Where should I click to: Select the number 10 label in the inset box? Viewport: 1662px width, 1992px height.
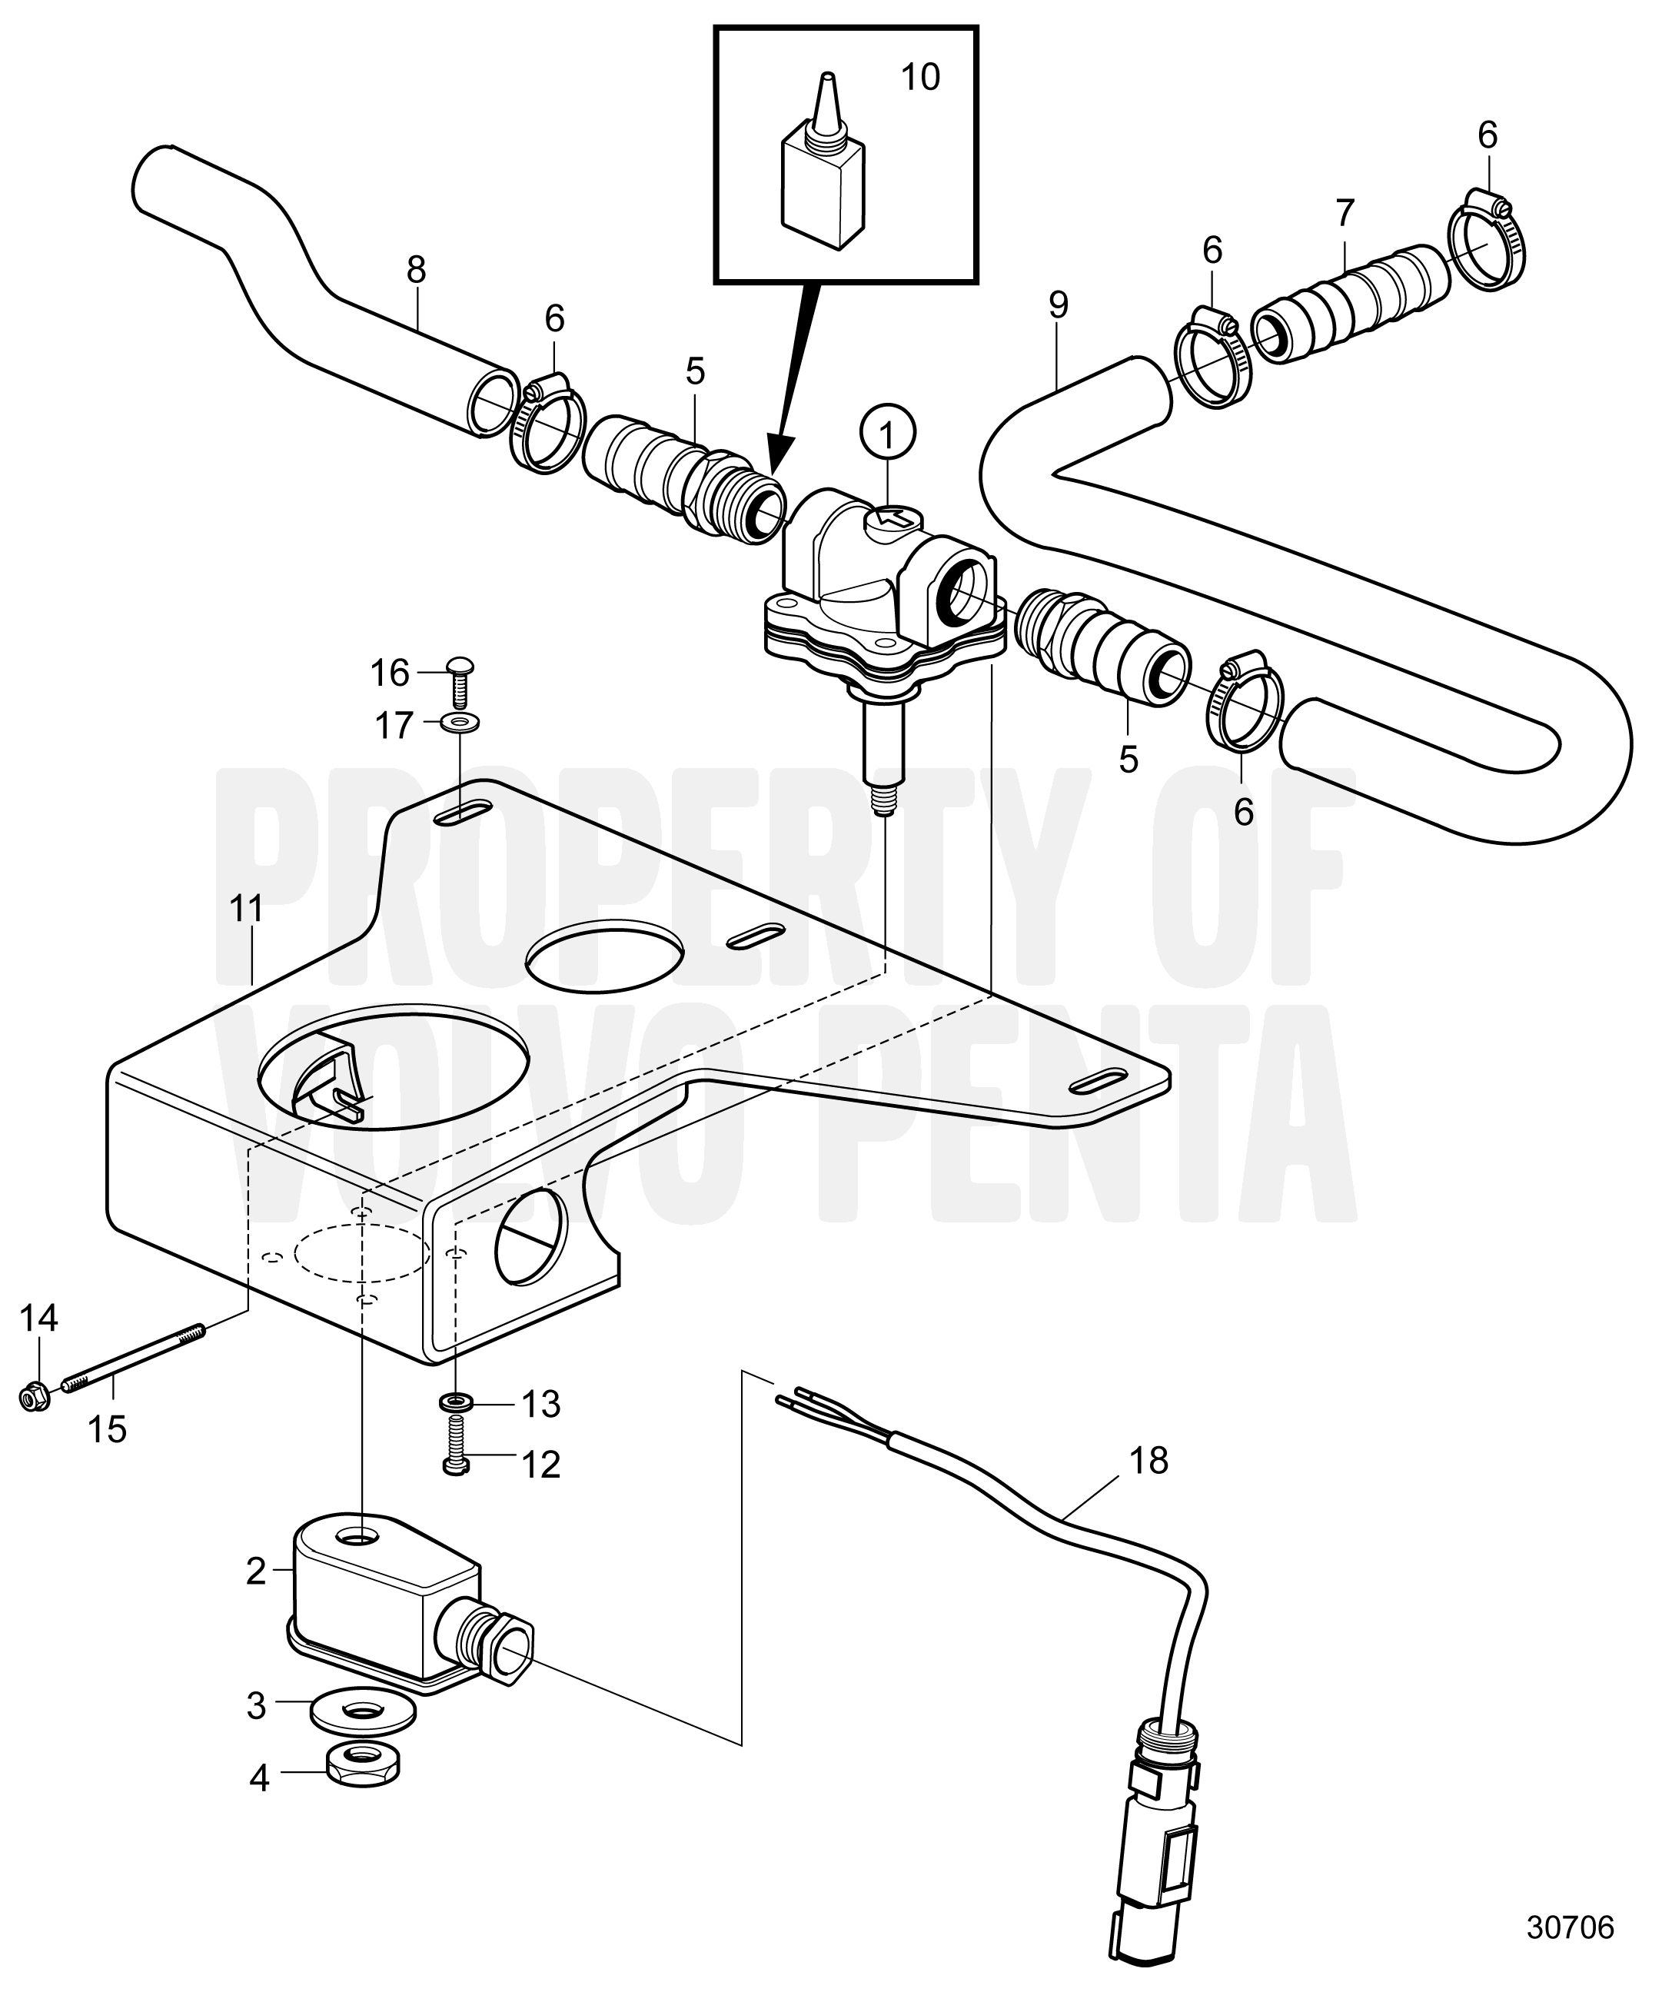(x=919, y=78)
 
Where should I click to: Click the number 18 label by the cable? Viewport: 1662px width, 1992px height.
(x=1148, y=1462)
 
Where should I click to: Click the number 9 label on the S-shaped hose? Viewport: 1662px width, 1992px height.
(x=1059, y=304)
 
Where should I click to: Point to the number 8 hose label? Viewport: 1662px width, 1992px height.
(x=415, y=271)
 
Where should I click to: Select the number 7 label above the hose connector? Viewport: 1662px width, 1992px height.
(x=1345, y=214)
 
